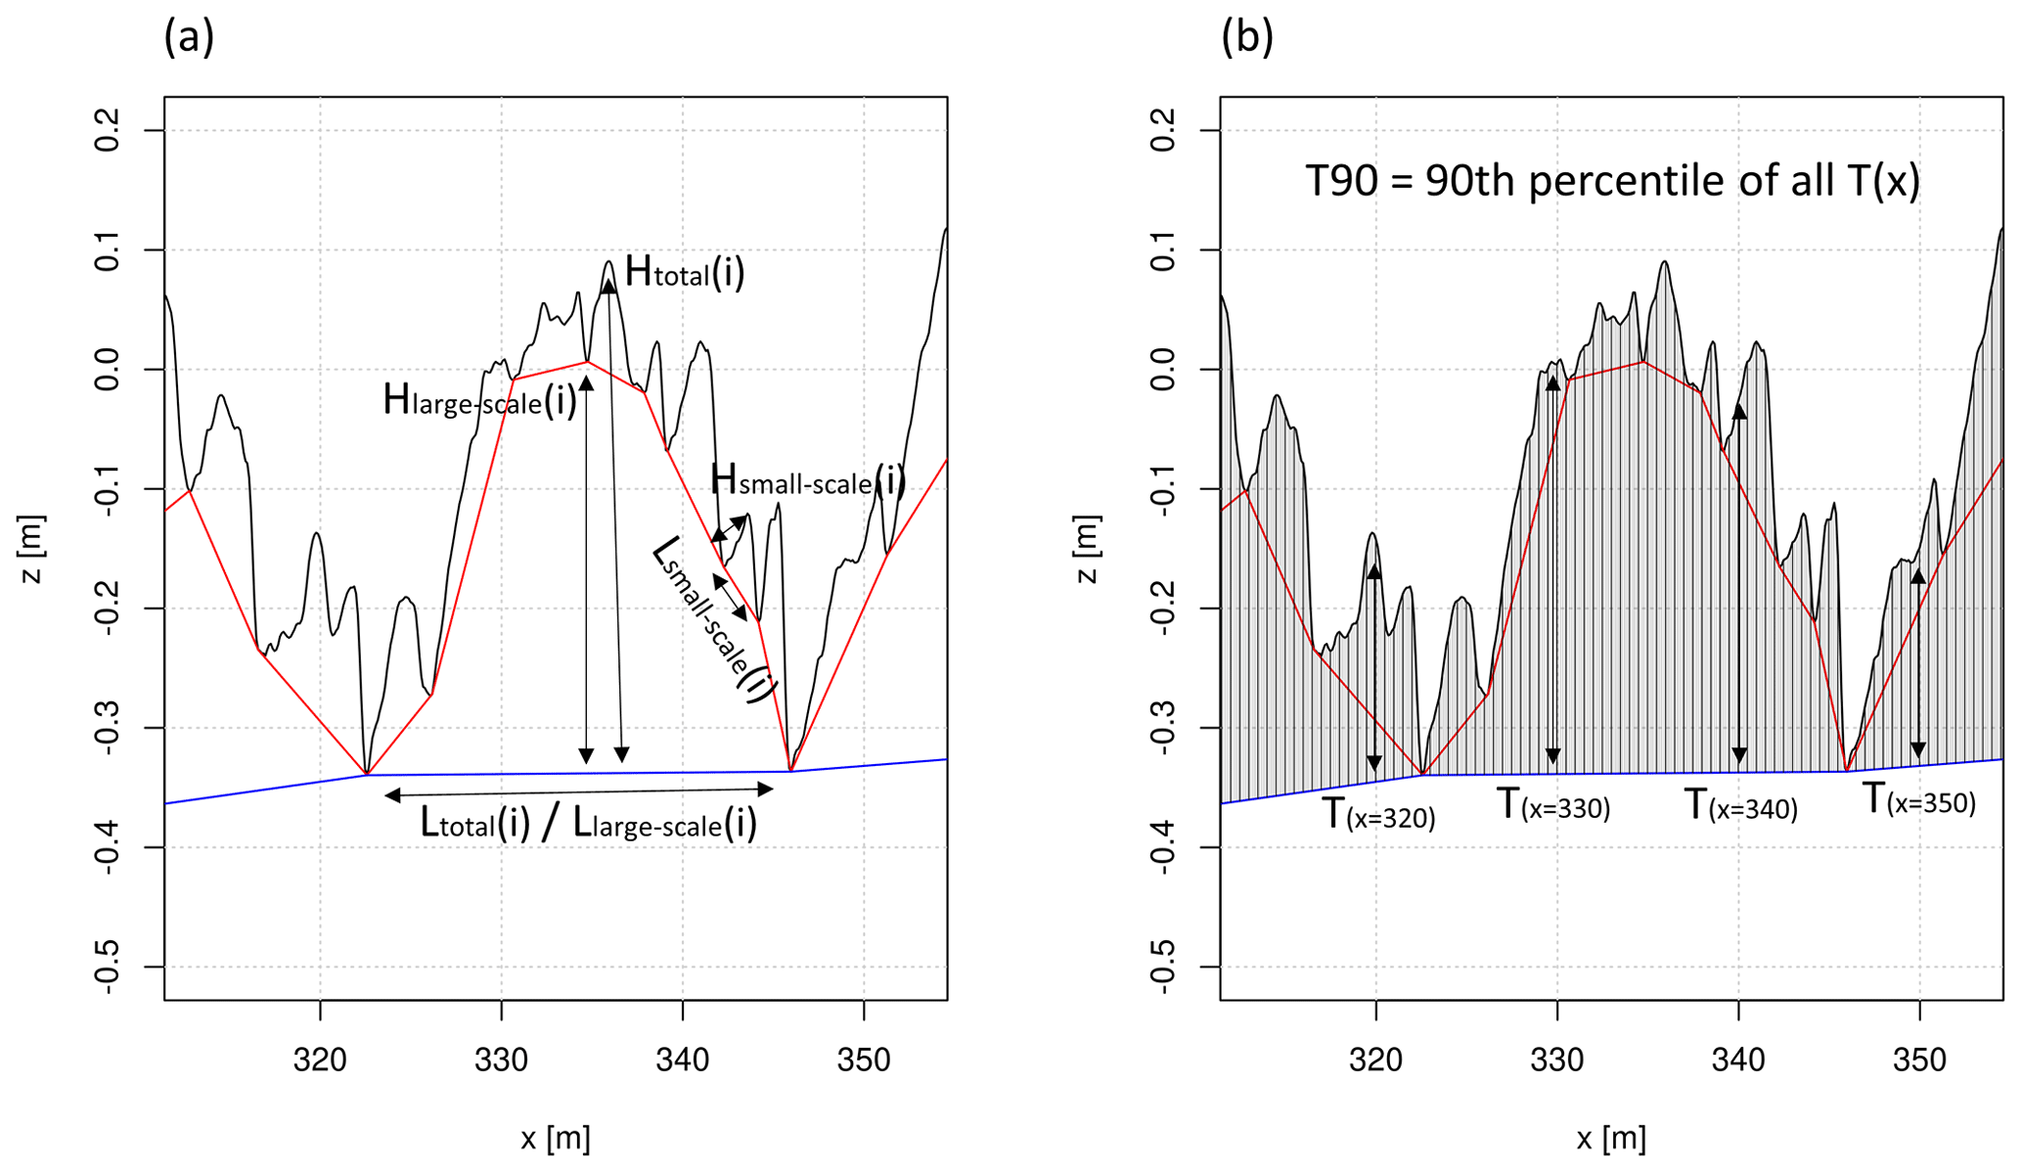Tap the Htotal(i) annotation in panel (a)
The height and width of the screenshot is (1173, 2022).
[x=685, y=272]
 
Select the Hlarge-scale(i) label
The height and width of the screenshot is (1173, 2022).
[x=479, y=400]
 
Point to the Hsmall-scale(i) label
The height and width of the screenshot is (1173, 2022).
[x=807, y=480]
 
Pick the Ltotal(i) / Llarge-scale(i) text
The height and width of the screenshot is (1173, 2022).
[x=589, y=824]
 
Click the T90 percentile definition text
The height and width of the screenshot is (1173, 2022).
[x=1612, y=181]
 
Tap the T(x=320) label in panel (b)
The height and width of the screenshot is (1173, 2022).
[x=1378, y=814]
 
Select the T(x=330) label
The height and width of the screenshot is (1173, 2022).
[x=1553, y=805]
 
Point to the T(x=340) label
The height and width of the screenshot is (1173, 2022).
[x=1740, y=805]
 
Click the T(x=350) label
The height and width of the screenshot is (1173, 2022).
[x=1918, y=799]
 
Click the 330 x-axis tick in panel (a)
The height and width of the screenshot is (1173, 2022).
[x=501, y=1060]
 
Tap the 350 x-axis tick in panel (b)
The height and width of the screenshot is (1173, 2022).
[x=1919, y=1060]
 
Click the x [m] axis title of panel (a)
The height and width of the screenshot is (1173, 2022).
[x=555, y=1139]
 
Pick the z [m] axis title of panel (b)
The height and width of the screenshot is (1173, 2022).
[x=1088, y=549]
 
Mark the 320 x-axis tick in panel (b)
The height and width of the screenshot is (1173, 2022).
[x=1376, y=1060]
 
